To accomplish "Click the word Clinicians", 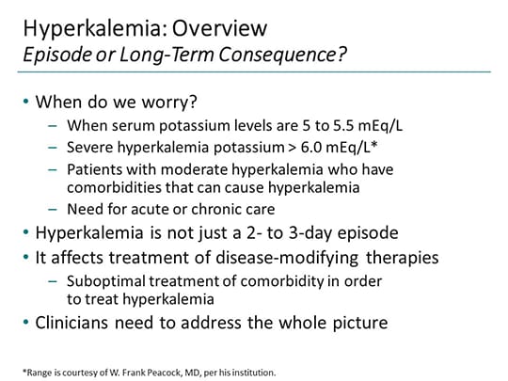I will click(x=81, y=322).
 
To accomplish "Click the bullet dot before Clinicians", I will click(x=28, y=322).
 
